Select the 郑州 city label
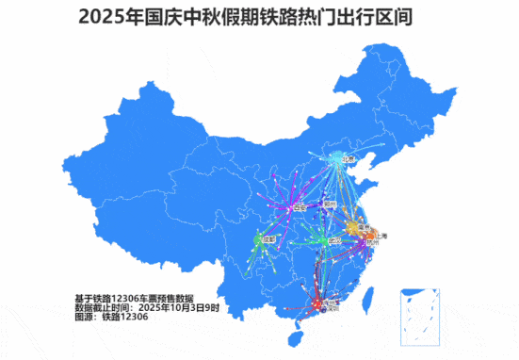(330, 203)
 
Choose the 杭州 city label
(368, 243)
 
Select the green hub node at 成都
(260, 240)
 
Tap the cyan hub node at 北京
(339, 160)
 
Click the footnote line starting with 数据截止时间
(146, 307)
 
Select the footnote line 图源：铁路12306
(111, 318)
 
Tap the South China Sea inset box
(420, 311)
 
